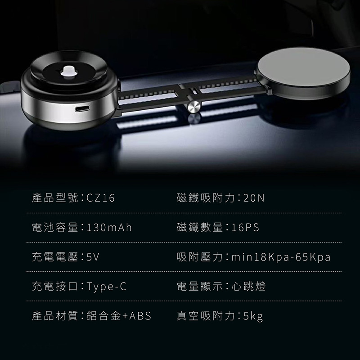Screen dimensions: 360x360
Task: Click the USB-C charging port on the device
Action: pos(82,108)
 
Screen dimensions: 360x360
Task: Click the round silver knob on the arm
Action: pos(194,106)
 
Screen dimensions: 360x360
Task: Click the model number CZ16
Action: pos(100,198)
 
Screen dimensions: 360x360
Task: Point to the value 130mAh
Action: pos(109,228)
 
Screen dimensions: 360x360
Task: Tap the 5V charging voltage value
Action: pos(93,257)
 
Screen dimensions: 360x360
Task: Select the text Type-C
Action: pos(107,287)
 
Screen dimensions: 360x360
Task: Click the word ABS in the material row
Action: pos(140,316)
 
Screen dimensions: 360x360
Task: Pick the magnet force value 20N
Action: pos(254,198)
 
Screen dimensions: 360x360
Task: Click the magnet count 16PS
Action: pos(245,228)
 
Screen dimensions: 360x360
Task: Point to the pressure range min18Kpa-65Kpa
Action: pos(281,257)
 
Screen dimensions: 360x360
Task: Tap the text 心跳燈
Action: pos(248,286)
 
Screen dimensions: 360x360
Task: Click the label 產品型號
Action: pos(55,198)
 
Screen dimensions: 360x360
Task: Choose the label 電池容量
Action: pos(55,228)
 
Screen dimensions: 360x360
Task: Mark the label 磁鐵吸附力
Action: pos(206,198)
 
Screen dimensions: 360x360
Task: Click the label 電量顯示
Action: pos(200,286)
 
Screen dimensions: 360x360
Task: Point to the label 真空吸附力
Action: pos(206,316)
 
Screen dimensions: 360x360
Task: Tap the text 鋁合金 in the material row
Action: pos(104,316)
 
